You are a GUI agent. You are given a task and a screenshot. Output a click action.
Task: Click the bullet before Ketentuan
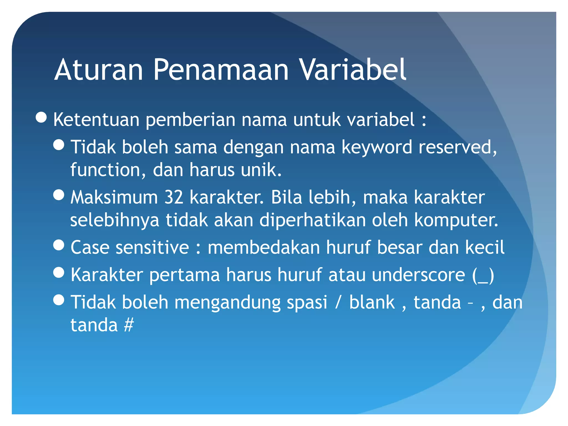[x=41, y=118]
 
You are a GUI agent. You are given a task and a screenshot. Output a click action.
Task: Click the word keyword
[x=377, y=147]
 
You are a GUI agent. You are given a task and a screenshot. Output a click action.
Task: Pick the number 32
[x=174, y=197]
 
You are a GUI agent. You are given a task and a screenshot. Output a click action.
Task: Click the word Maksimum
[x=114, y=197]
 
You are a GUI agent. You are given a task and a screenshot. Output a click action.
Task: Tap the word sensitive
[x=152, y=247]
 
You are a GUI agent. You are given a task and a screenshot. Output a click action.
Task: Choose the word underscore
[x=418, y=275]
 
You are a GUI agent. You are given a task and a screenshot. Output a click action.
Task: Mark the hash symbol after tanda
[x=129, y=325]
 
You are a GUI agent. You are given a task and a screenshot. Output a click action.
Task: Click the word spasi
[x=307, y=302]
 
